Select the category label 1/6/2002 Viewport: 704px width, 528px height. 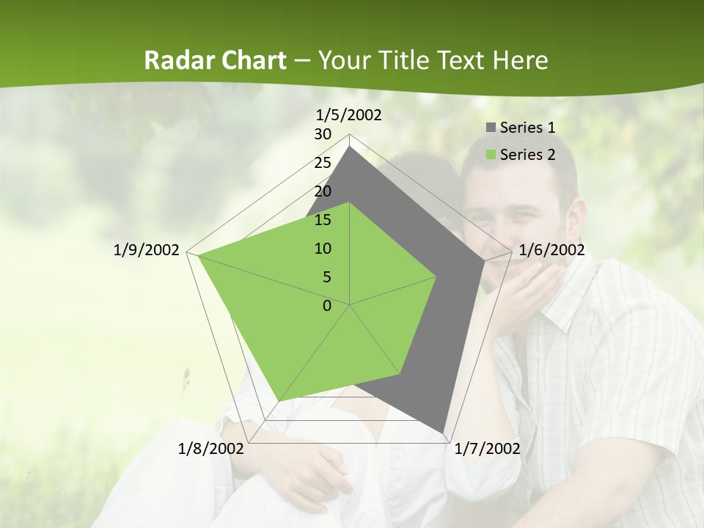(551, 250)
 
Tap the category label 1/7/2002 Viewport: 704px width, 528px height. (487, 448)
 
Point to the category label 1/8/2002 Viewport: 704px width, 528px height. (211, 448)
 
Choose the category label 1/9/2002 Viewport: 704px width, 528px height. (146, 250)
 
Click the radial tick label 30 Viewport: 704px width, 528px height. (323, 134)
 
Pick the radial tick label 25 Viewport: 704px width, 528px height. (323, 163)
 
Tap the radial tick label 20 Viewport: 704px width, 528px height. (323, 191)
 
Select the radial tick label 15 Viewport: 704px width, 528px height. (323, 220)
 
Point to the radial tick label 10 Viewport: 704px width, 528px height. (323, 249)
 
